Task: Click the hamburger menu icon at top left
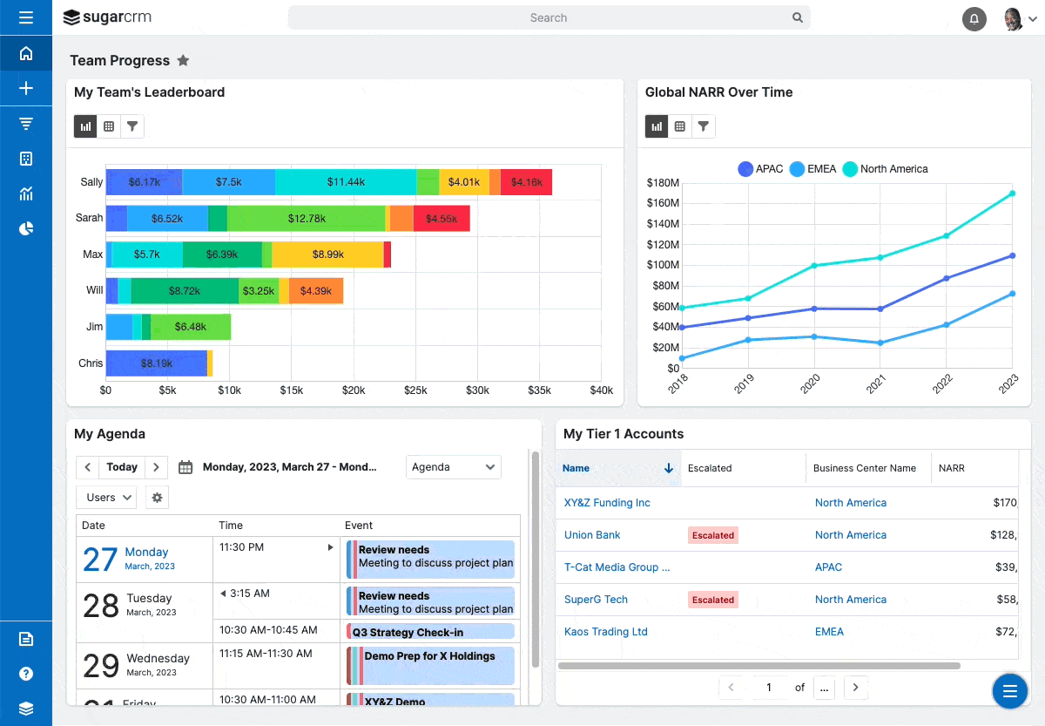(25, 17)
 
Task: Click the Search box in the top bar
(548, 17)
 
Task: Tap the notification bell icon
(974, 19)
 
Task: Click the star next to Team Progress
(183, 61)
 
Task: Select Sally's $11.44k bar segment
(345, 182)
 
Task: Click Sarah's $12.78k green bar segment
(306, 219)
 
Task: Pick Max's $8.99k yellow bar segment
(327, 254)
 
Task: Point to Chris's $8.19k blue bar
(157, 363)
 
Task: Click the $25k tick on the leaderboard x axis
(415, 390)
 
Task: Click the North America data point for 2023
(1012, 193)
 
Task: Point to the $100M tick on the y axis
(663, 265)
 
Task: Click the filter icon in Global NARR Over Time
(703, 126)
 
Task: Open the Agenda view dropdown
(454, 467)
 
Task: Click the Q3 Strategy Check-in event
(431, 632)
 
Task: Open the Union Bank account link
(592, 535)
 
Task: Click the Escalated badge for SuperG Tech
(712, 600)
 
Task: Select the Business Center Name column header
(864, 468)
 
